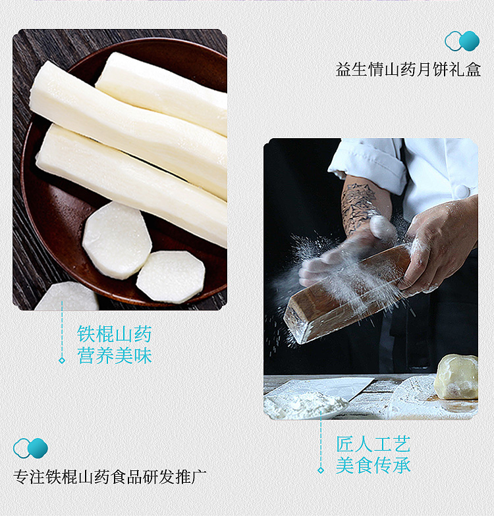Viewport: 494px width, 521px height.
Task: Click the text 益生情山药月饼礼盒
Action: point(408,70)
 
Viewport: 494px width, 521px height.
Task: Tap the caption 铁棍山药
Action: point(115,334)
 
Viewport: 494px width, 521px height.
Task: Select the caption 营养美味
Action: point(115,355)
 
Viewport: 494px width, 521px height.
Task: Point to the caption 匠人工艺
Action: point(373,444)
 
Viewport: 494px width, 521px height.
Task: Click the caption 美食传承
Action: point(373,466)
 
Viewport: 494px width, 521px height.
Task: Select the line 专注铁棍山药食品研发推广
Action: point(110,477)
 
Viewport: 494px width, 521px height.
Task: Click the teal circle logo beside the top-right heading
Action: point(462,41)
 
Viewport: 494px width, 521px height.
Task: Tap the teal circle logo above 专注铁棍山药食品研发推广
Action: point(30,448)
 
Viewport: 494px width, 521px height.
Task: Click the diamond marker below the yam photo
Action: point(62,360)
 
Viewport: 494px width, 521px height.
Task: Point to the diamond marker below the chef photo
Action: point(321,470)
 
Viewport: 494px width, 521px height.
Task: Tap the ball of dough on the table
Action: point(456,376)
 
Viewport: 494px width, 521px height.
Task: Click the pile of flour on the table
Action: point(304,404)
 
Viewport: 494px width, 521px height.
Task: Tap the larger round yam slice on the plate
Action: point(117,240)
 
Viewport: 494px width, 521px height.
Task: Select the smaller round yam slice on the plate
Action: point(171,277)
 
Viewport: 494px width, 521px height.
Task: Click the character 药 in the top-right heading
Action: point(408,70)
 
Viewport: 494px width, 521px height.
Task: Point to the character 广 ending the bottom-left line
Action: point(199,477)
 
